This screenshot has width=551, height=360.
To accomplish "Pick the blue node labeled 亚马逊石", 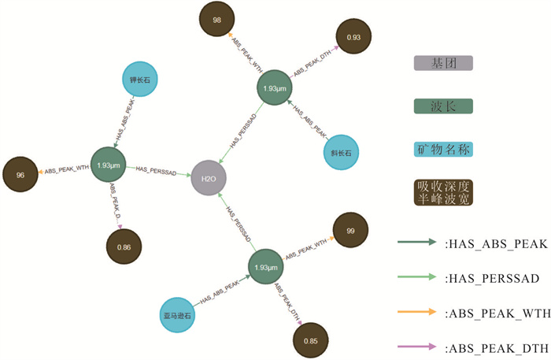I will tap(179, 315).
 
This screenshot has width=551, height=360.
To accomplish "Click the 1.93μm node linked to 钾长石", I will tap(109, 166).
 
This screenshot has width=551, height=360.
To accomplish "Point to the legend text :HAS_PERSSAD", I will tap(491, 278).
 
